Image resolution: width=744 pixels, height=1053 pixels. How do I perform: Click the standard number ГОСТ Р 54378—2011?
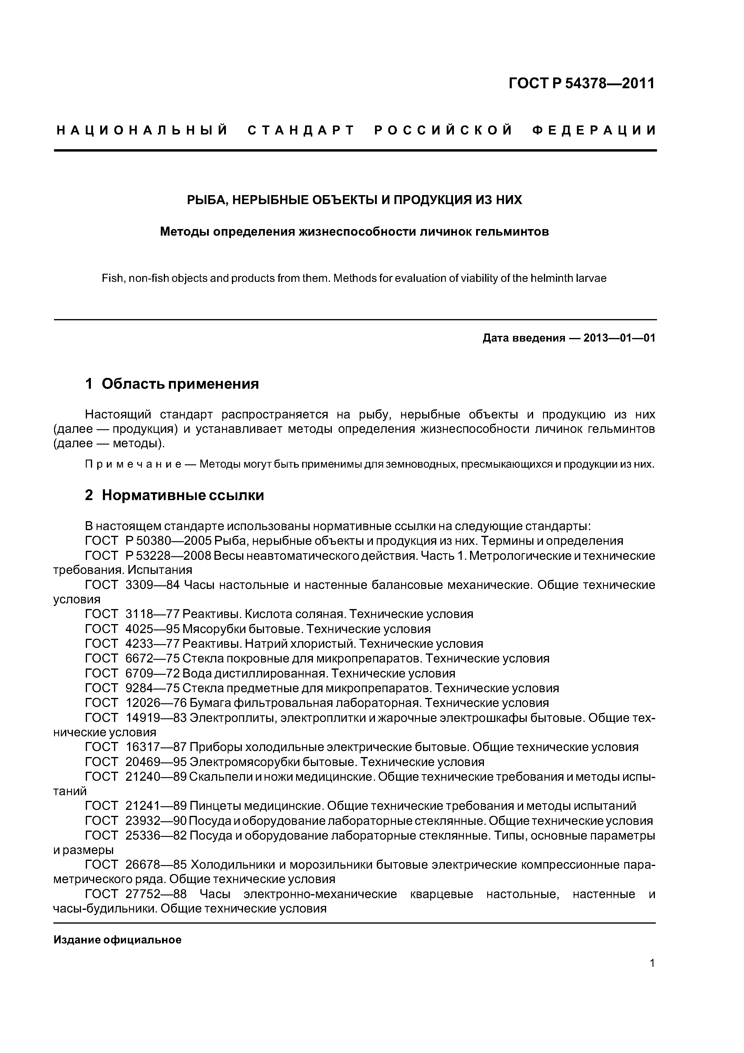coord(581,83)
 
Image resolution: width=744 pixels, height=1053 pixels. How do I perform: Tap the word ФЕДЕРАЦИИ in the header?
coord(594,131)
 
